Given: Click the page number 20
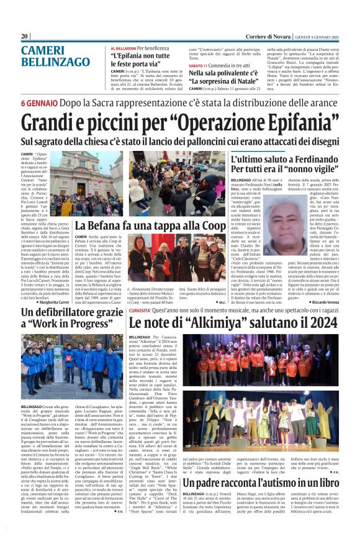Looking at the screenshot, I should pos(25,37).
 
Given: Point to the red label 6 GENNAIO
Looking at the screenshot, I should pos(41,102).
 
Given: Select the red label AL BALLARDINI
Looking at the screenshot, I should pos(124,48).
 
